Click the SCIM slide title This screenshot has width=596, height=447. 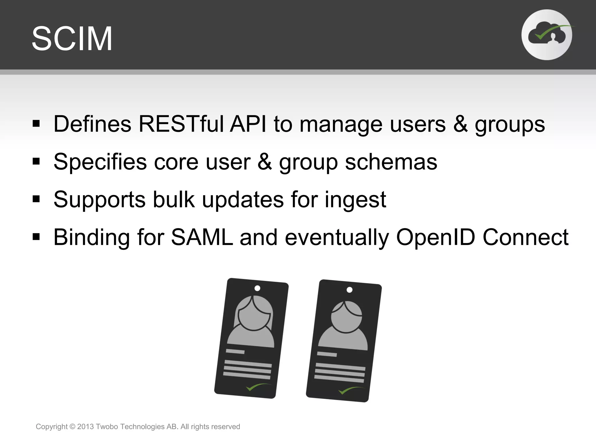click(72, 39)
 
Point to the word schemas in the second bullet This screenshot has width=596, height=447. click(391, 162)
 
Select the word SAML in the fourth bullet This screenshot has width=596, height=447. click(202, 237)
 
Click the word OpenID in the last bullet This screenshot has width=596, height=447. click(436, 237)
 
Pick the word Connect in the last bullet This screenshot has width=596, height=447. click(525, 237)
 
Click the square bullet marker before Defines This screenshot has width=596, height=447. click(36, 124)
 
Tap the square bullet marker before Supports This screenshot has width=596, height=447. click(36, 199)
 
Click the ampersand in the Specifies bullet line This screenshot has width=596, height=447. click(265, 162)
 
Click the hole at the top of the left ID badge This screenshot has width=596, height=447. click(257, 288)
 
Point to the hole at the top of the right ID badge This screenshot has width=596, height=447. click(350, 290)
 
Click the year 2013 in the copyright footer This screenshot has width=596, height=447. click(85, 427)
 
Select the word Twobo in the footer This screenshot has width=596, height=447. click(107, 427)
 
